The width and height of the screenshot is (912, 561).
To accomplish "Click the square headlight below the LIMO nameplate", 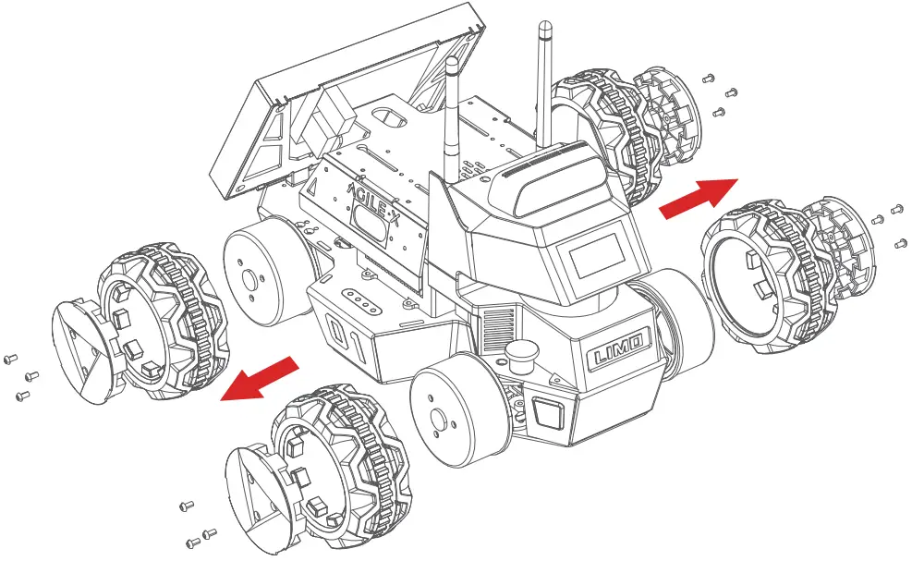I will click(546, 411).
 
